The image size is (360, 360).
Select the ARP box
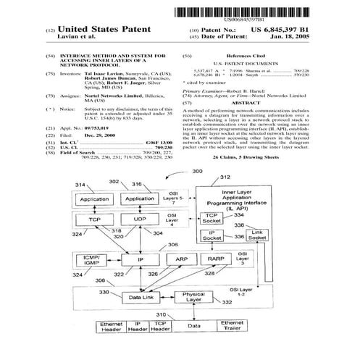click(x=181, y=258)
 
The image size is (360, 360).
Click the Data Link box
click(x=140, y=297)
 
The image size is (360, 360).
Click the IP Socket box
click(x=213, y=235)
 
